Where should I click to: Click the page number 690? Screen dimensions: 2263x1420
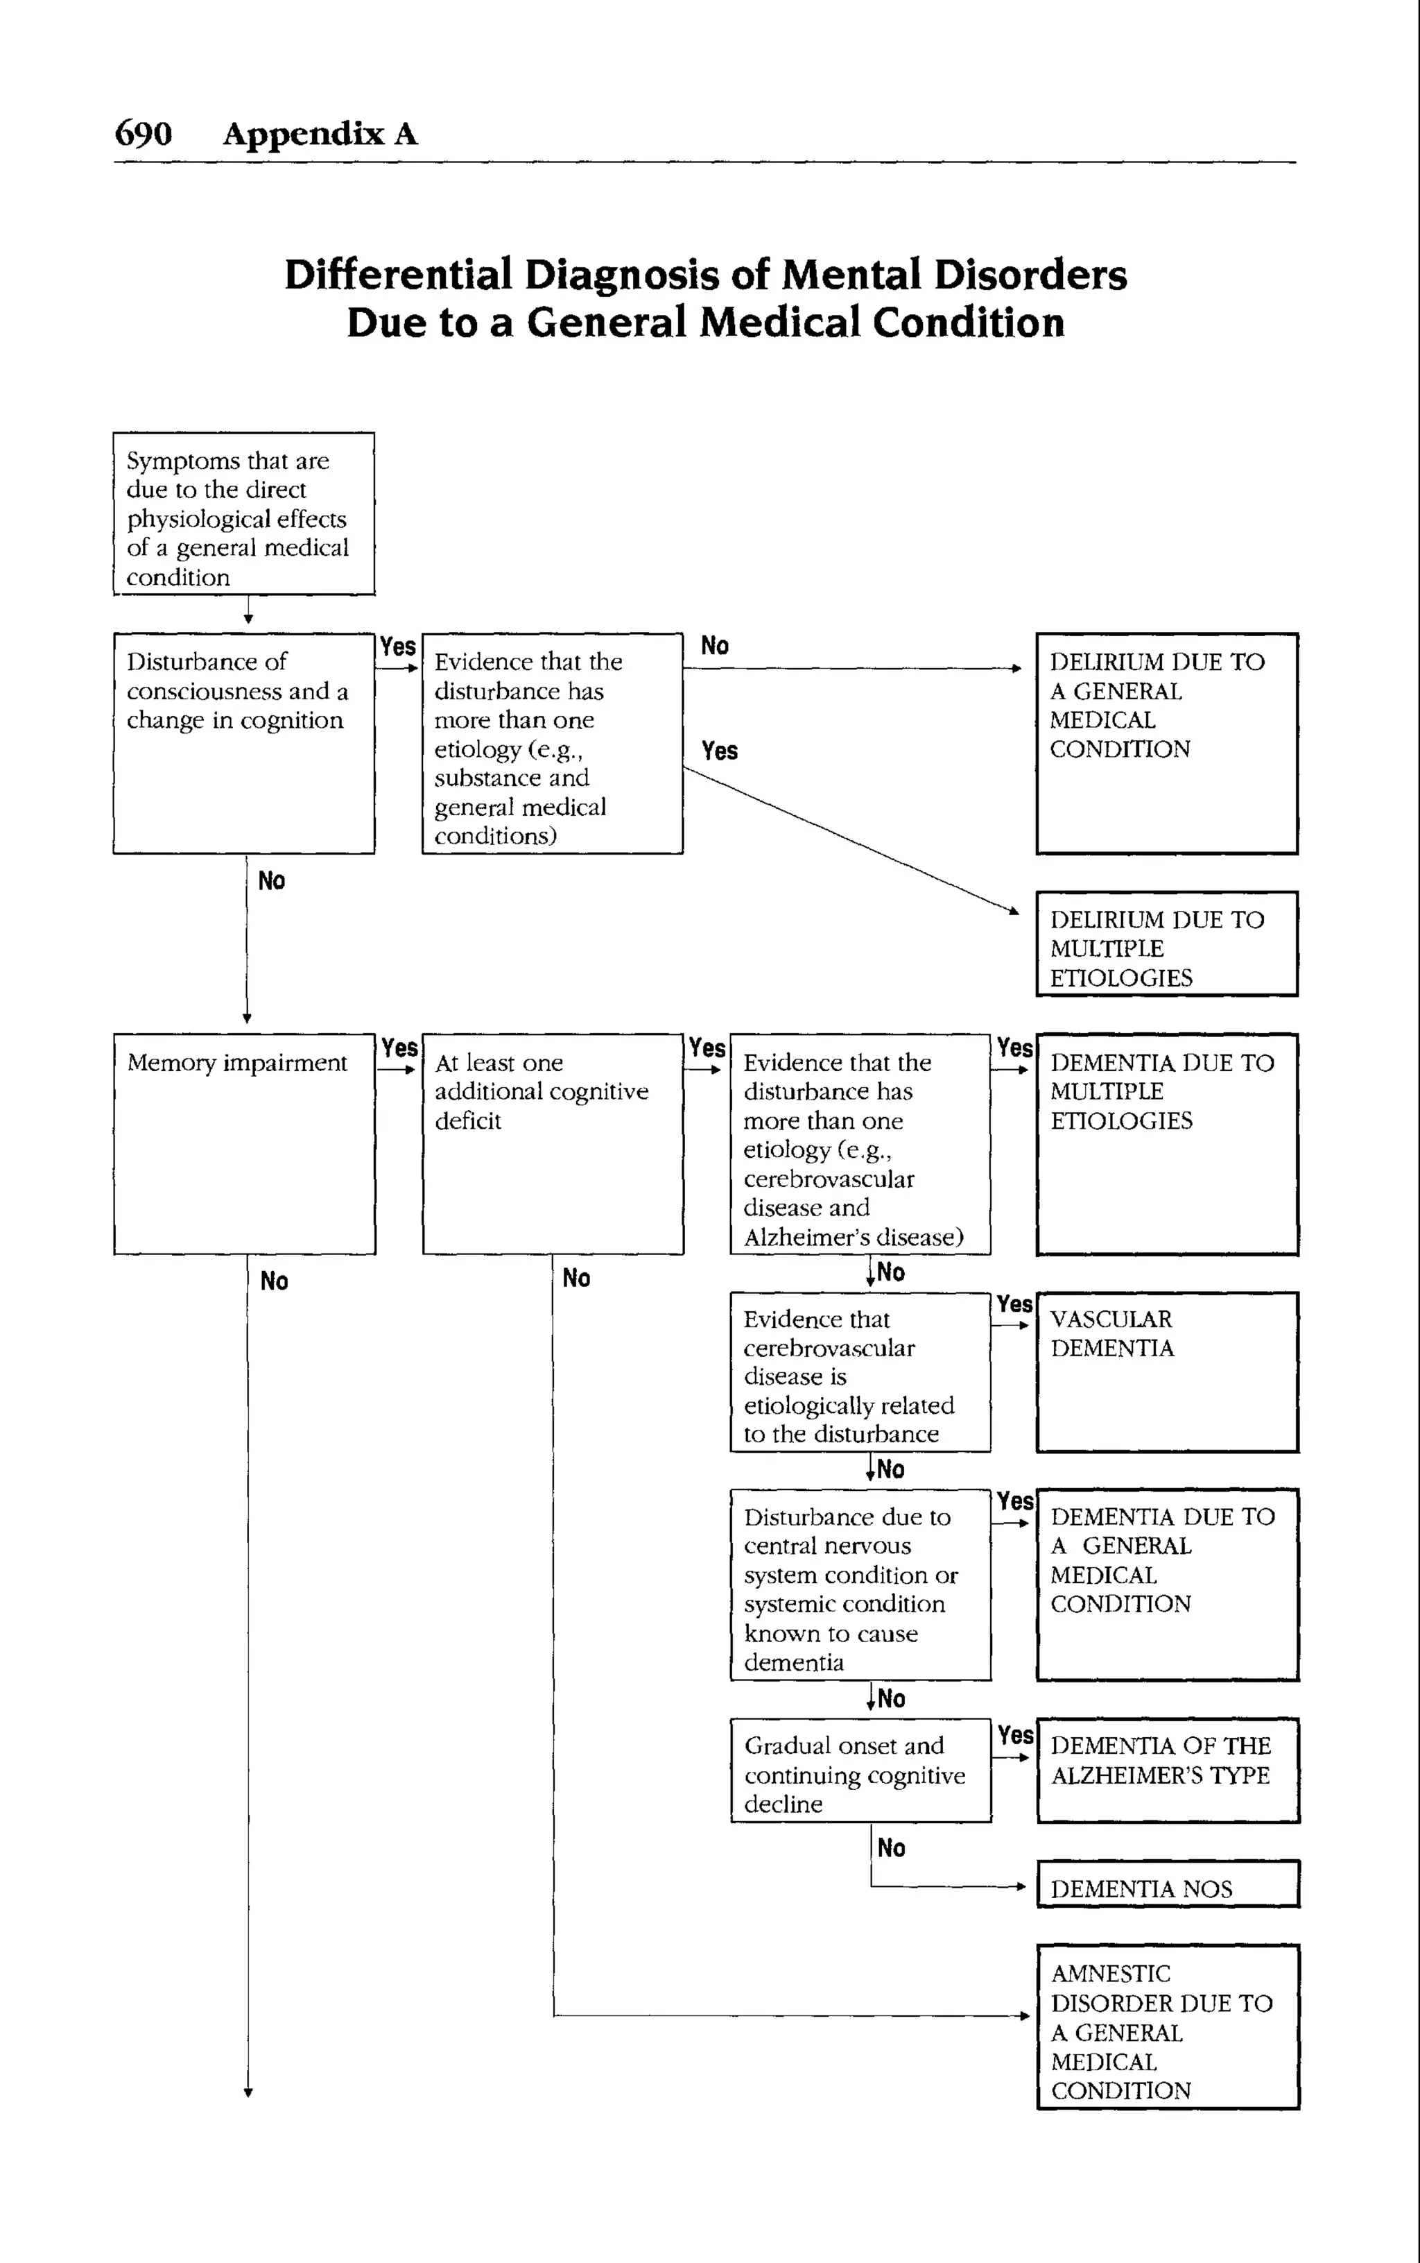[x=143, y=133]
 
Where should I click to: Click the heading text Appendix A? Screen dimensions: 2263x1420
[x=320, y=133]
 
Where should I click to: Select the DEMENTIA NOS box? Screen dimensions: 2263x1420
[x=1168, y=1883]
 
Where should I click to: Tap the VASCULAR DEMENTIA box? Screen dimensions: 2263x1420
[x=1168, y=1372]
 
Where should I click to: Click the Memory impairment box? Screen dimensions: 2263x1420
[x=244, y=1143]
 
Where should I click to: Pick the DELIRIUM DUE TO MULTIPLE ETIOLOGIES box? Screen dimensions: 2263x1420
[x=1168, y=943]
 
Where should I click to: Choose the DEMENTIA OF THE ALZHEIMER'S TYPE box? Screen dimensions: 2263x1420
[x=1168, y=1770]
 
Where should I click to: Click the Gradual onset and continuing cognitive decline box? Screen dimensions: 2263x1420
[x=860, y=1770]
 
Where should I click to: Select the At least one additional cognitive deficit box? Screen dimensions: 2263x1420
[x=552, y=1143]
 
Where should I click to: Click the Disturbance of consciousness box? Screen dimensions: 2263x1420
[x=243, y=742]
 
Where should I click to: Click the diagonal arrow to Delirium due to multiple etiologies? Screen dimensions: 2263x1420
[x=850, y=839]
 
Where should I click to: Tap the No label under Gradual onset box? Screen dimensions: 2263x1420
[x=891, y=1847]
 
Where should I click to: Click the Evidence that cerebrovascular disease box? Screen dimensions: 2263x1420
[x=860, y=1372]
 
